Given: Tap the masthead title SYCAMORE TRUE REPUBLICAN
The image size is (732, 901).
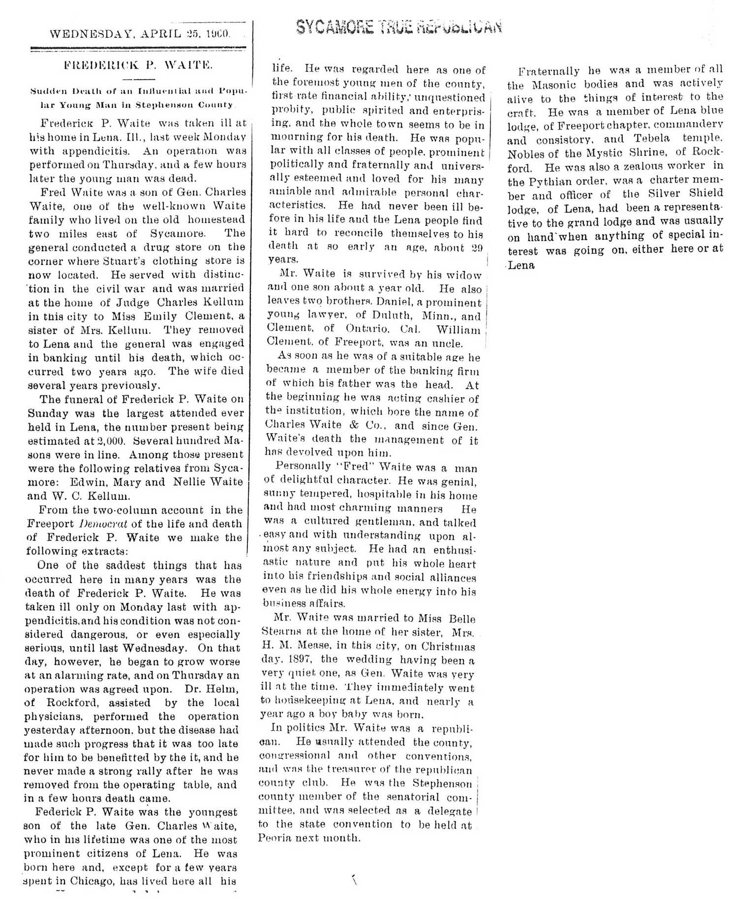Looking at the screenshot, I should [x=398, y=27].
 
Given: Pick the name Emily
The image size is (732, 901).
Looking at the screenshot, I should [x=152, y=316].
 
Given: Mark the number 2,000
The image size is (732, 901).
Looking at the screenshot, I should [x=112, y=441].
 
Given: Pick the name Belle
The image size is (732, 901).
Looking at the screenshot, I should [x=462, y=619].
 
